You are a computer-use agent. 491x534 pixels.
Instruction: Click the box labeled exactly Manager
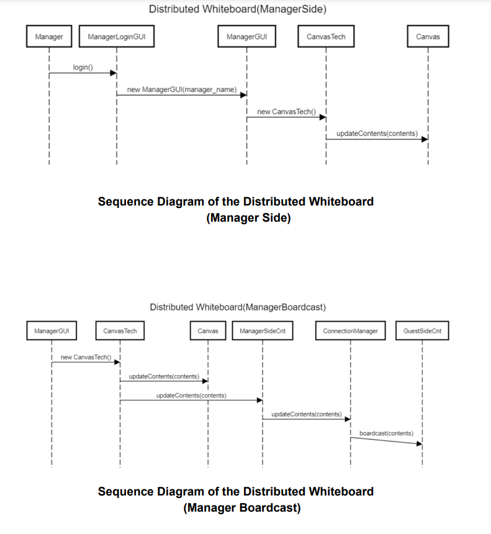[49, 37]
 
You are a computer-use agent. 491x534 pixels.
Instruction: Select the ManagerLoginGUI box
[117, 37]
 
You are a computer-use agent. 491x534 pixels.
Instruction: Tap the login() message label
[83, 67]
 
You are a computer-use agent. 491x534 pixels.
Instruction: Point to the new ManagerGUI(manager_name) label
[182, 89]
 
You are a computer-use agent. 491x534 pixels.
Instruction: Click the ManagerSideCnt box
[263, 331]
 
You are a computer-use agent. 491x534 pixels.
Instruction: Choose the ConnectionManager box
[350, 331]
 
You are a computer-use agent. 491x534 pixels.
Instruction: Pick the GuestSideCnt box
[422, 331]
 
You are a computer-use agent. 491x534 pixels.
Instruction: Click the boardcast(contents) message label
[386, 433]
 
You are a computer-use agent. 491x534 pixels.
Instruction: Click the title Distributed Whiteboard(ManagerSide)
[238, 9]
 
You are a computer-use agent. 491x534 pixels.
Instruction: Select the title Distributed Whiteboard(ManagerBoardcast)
[238, 307]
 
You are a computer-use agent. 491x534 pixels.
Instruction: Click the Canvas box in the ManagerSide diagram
[428, 37]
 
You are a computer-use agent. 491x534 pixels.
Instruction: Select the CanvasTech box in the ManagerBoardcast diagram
[120, 331]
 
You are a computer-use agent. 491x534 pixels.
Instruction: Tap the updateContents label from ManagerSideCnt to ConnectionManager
[306, 414]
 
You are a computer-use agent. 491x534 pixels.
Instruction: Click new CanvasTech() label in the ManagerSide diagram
[286, 112]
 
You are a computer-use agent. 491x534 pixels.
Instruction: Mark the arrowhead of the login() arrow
[114, 73]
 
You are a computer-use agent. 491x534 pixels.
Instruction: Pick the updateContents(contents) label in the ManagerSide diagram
[377, 133]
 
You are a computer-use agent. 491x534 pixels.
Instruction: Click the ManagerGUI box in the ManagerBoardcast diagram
[52, 331]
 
